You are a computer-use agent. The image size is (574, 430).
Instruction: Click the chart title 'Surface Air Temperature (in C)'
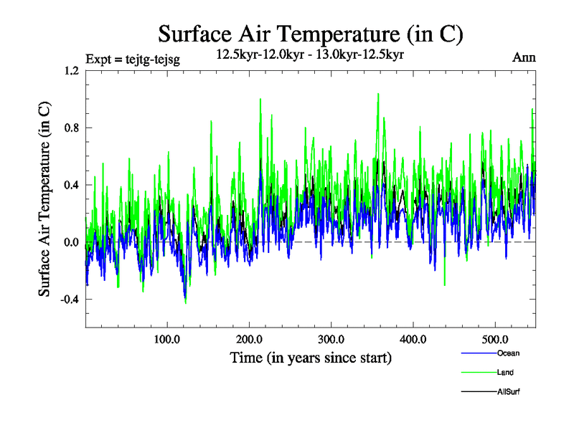point(310,34)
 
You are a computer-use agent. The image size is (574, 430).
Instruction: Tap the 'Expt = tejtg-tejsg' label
point(132,59)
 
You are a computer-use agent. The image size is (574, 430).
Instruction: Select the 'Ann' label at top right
point(524,58)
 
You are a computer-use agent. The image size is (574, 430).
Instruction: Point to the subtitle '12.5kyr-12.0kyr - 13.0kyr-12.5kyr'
point(310,54)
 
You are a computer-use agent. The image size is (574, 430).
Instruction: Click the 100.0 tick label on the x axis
point(166,339)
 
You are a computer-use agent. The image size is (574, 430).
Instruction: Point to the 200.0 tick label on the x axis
point(249,339)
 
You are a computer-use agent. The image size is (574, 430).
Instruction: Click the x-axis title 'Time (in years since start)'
point(310,358)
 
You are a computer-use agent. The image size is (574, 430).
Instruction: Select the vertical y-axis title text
point(44,199)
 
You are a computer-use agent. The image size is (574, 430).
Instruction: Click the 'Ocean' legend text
point(508,353)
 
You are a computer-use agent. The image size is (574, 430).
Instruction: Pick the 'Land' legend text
point(505,373)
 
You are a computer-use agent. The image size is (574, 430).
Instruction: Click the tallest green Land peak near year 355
point(377,94)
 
